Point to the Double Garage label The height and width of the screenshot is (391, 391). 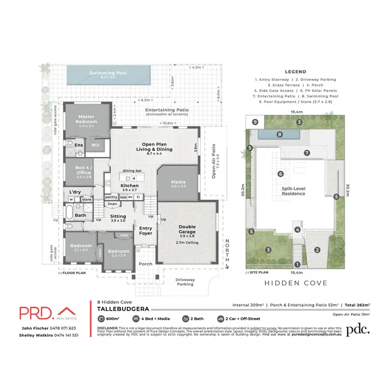[x=187, y=227]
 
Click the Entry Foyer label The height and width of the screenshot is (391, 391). [x=145, y=231]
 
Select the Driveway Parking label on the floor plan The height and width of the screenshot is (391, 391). [x=185, y=282]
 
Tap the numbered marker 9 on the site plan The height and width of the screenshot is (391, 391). [x=255, y=122]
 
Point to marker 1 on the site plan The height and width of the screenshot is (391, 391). [x=297, y=264]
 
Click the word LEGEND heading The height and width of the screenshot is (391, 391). [x=296, y=72]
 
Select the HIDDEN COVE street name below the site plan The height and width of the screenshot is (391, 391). [x=296, y=283]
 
